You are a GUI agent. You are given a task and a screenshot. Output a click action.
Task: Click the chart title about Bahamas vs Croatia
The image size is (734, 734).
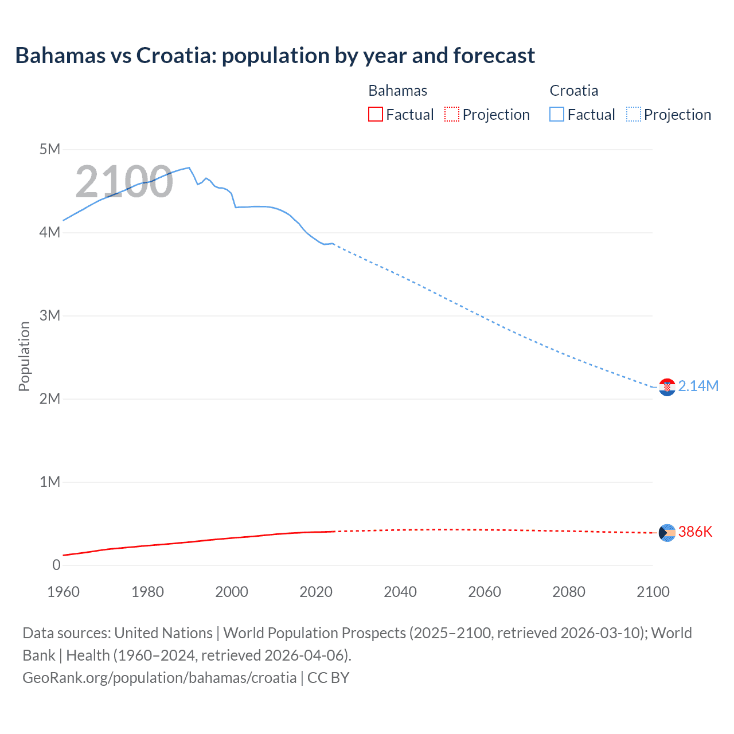tap(275, 56)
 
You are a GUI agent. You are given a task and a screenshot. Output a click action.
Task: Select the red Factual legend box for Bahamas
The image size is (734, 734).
tap(375, 114)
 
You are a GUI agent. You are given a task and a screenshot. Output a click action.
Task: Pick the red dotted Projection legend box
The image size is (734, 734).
tap(452, 114)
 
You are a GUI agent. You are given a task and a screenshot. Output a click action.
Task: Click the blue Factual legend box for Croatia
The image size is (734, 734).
tap(557, 114)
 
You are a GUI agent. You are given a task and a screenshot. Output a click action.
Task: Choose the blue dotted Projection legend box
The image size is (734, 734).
tap(634, 114)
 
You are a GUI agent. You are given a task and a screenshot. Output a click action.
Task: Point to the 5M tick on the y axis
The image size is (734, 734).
tap(50, 150)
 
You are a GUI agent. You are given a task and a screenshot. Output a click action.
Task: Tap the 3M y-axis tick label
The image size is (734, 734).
tap(50, 316)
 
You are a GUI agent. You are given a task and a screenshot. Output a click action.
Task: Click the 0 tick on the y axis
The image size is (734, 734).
tap(56, 565)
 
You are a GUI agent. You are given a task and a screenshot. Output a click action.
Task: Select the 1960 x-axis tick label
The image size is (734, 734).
tap(63, 592)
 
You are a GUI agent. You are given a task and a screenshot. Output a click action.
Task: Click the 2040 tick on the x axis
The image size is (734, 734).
tap(400, 592)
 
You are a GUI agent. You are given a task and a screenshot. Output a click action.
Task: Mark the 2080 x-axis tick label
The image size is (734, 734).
tap(569, 592)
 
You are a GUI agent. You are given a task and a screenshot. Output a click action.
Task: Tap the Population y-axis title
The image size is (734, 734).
tap(24, 356)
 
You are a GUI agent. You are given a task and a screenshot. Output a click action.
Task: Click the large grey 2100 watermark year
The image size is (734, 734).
tap(124, 182)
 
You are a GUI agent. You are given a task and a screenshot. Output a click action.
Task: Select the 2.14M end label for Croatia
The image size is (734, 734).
tap(698, 386)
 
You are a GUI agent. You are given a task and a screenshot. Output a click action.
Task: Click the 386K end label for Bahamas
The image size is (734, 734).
tap(695, 532)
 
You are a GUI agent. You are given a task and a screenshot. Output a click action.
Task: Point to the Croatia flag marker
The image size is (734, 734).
tap(667, 388)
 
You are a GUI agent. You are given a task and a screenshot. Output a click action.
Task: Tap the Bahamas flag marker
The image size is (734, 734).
tap(667, 533)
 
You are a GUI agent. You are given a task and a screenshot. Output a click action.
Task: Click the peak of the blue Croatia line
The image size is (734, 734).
tap(189, 168)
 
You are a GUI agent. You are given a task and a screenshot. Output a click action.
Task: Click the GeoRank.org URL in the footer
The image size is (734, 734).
tap(159, 677)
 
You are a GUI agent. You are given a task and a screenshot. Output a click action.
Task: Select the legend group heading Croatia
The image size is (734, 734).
tap(573, 91)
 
